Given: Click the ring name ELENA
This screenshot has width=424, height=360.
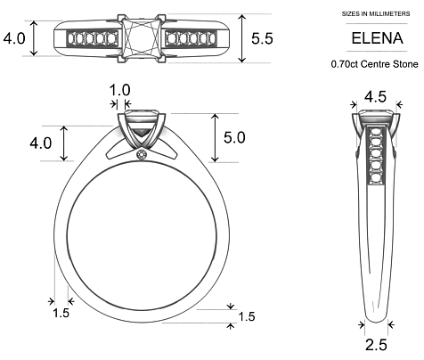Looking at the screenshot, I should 373,39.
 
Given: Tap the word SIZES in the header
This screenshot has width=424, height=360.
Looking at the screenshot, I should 350,15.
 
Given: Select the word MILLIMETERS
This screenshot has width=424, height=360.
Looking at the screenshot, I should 389,15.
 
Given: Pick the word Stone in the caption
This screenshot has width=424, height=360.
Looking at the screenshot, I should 405,65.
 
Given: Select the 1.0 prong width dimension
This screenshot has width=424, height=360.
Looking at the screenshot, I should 119,89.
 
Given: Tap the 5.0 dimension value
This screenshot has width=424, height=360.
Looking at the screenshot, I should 235,139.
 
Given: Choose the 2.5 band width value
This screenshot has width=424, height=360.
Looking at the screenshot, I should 376,345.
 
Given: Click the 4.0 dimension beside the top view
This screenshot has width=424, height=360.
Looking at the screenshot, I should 15,39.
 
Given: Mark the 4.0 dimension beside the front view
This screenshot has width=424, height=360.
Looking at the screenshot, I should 41,143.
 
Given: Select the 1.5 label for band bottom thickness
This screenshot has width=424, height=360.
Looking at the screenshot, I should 247,316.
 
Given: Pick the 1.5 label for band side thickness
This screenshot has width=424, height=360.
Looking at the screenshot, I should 61,314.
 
